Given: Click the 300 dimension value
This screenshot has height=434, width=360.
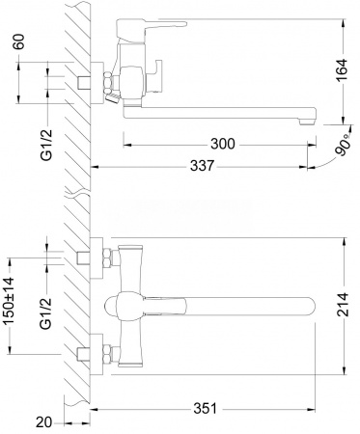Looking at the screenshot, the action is tap(223, 144).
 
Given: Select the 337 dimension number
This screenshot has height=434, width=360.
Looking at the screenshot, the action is tap(202, 166).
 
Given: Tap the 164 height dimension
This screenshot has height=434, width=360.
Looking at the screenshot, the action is tap(342, 70).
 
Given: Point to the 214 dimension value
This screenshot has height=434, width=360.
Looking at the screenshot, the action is tap(342, 305).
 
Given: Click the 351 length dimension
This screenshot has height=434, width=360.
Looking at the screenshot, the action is tap(206, 409).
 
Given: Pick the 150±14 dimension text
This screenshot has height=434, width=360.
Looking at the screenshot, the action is tap(10, 301).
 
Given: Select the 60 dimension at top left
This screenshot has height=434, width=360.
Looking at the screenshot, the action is tap(19, 41).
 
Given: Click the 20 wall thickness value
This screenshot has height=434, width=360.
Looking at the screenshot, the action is tap(43, 422).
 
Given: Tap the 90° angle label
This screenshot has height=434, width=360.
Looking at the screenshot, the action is tap(343, 145).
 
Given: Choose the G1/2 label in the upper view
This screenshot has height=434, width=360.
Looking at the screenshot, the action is tap(45, 145).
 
